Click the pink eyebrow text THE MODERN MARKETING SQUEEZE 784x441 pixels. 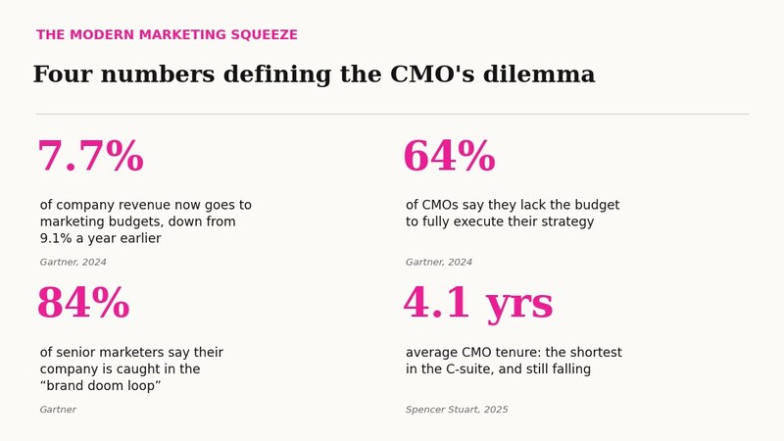point(167,34)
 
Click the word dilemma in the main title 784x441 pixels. point(539,74)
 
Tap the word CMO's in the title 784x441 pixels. point(432,74)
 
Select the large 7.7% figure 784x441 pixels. point(91,156)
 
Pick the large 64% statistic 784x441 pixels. point(450,156)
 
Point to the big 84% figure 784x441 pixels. point(83,303)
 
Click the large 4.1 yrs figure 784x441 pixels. point(478,303)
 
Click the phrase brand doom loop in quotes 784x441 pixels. point(101,385)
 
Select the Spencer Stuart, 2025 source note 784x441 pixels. point(457,410)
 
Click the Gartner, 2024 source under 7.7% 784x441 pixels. point(73,262)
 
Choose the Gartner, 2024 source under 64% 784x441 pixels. point(438,262)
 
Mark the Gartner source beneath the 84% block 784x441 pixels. point(58,410)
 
